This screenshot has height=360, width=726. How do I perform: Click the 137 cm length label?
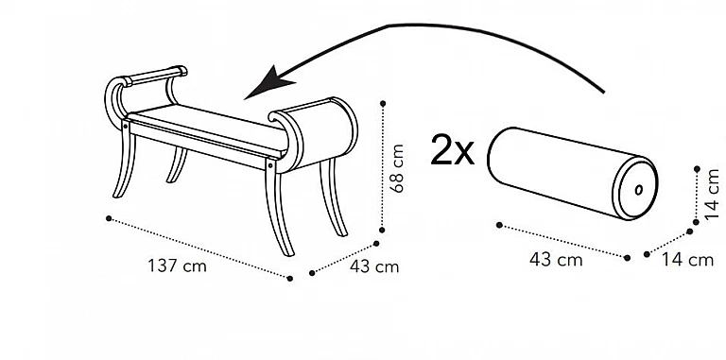pyautogui.click(x=177, y=266)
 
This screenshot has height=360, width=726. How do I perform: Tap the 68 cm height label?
pyautogui.click(x=397, y=168)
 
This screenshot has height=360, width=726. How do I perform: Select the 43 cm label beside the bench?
pyautogui.click(x=374, y=267)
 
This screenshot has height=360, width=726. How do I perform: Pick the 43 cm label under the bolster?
pyautogui.click(x=556, y=260)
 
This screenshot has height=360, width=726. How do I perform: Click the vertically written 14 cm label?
pyautogui.click(x=712, y=195)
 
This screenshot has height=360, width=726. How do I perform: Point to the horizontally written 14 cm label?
pyautogui.click(x=687, y=260)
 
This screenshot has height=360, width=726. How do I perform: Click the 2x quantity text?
pyautogui.click(x=453, y=149)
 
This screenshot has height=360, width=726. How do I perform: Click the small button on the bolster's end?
pyautogui.click(x=638, y=190)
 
